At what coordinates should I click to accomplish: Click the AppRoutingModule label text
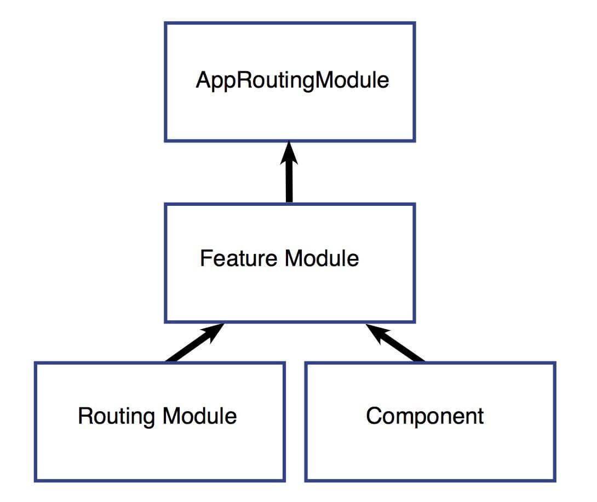point(292,80)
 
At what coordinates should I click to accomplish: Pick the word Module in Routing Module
point(199,416)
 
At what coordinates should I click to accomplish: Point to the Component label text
point(425,416)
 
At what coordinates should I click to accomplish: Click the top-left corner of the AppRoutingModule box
point(165,23)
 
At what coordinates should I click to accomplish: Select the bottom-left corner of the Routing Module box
point(36,481)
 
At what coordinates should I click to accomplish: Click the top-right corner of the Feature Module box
point(414,204)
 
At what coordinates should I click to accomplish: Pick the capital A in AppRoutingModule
point(203,80)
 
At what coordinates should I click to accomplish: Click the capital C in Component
point(374,416)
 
